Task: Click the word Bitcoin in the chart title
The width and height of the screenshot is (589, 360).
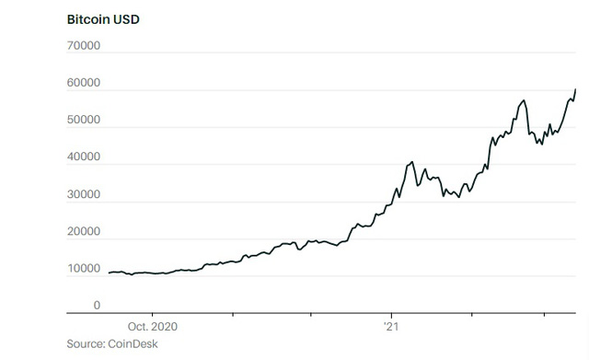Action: point(87,18)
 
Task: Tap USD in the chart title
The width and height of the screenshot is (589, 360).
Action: point(126,18)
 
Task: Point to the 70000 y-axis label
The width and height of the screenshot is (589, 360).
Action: point(83,46)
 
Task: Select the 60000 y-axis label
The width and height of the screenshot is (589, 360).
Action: point(83,84)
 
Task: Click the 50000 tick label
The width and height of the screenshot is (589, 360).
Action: point(83,121)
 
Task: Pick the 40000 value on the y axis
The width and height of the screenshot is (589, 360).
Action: point(83,157)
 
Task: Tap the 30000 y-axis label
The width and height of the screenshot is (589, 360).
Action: point(83,195)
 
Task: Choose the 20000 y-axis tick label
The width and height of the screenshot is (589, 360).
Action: point(83,232)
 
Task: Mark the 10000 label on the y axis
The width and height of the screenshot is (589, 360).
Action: point(83,269)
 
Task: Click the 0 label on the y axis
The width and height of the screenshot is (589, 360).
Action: point(97,306)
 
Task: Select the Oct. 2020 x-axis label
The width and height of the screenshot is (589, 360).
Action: point(153,327)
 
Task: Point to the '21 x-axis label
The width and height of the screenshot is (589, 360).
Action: point(390,327)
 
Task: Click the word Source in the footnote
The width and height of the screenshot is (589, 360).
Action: point(84,343)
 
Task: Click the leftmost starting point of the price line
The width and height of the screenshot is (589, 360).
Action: point(109,273)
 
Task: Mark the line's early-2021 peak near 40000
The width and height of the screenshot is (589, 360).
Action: point(411,162)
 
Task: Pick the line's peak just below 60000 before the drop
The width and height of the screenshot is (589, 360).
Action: point(524,100)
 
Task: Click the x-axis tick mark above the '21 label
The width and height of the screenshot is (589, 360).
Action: point(390,316)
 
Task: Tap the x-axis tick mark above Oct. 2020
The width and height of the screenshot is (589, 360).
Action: point(153,316)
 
